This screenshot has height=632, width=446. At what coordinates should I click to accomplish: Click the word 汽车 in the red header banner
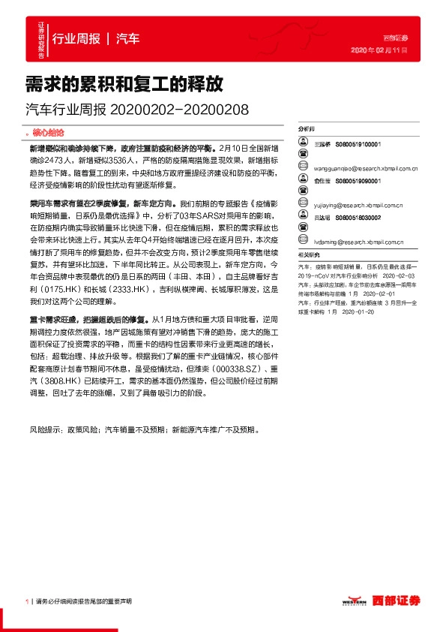[128, 38]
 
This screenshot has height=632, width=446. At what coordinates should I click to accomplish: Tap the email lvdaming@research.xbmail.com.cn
[348, 242]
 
